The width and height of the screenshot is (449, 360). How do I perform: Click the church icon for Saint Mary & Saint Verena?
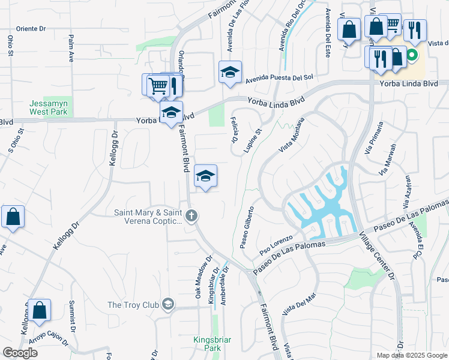tap(191, 216)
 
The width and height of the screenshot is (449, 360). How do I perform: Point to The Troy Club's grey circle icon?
tap(168, 305)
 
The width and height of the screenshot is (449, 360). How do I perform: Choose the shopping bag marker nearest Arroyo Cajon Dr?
tap(39, 311)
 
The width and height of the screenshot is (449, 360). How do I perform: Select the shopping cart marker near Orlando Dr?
tap(157, 85)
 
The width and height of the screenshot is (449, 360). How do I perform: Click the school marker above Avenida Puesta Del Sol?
tap(230, 73)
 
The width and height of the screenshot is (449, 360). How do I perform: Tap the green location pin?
tap(412, 58)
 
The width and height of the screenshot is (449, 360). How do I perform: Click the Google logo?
tap(20, 353)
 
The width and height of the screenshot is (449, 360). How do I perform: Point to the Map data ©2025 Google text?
tap(411, 355)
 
